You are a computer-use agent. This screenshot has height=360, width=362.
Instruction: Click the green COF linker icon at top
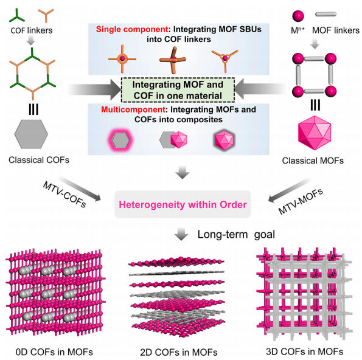point(16,16)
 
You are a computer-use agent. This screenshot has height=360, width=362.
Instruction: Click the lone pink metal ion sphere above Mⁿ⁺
point(298,16)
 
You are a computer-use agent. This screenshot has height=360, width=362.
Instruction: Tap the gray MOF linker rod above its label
point(325,15)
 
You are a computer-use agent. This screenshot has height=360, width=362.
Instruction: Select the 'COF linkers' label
point(32,30)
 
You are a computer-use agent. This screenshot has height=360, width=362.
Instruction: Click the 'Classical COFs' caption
point(39,160)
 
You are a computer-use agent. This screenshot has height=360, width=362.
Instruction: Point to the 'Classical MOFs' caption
point(313,161)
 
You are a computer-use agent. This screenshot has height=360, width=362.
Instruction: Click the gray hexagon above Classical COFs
point(31,134)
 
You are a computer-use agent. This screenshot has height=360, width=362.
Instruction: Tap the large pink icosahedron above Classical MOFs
point(315,133)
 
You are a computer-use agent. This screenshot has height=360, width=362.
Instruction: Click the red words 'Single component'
point(132,29)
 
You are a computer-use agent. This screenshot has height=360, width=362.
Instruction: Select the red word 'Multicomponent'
point(133,109)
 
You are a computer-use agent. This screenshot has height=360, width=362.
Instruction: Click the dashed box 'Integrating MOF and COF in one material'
point(178,90)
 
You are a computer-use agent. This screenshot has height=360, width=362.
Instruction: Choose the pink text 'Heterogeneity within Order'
point(183,205)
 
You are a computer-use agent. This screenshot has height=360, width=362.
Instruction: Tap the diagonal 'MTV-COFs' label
point(64,195)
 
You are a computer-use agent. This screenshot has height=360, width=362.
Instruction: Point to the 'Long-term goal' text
point(236,235)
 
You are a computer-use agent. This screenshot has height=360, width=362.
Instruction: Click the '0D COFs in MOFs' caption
point(54,352)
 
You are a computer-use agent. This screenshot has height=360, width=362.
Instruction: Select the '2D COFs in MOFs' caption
point(179,352)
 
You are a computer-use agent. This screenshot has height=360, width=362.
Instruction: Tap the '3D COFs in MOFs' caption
point(305,351)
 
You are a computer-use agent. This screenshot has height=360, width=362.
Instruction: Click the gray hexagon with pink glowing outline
point(120,140)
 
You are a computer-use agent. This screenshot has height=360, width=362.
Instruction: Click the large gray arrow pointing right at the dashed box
point(94,90)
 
